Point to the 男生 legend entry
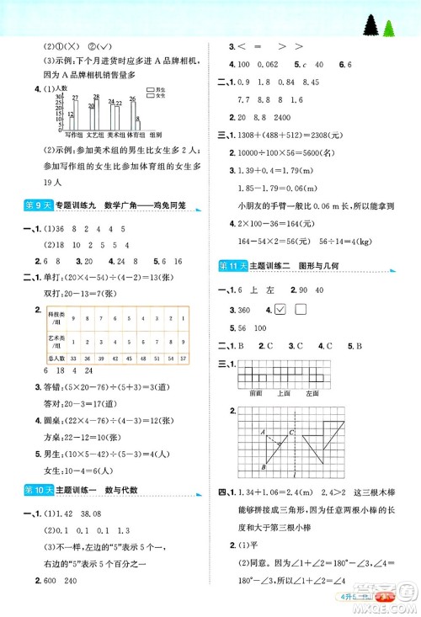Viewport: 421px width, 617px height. tap(154, 88)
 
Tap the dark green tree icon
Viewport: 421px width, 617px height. tap(371, 27)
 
